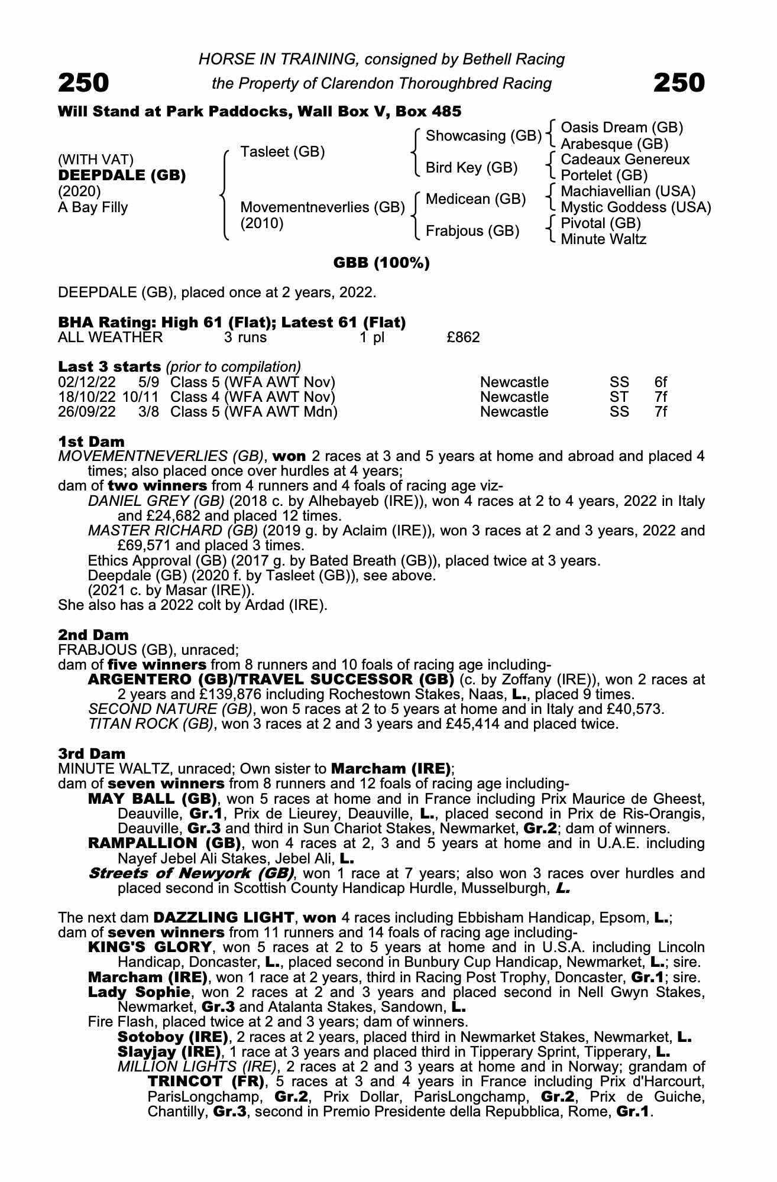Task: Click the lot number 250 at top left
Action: (x=83, y=83)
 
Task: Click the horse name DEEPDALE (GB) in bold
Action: (x=122, y=176)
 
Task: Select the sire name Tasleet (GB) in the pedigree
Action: (x=283, y=152)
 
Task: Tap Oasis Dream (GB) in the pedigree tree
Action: (x=621, y=128)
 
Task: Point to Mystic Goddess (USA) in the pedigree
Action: (x=636, y=207)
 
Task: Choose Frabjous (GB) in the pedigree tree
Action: (x=472, y=230)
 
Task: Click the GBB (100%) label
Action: (x=381, y=263)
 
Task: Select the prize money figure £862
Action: (x=463, y=337)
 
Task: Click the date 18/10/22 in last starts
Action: (x=87, y=397)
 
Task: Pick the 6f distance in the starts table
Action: (x=661, y=382)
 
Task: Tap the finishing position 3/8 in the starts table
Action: (x=148, y=412)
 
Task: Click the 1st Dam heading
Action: (x=91, y=441)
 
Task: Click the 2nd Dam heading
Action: (x=93, y=635)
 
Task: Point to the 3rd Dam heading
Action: (x=92, y=754)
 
